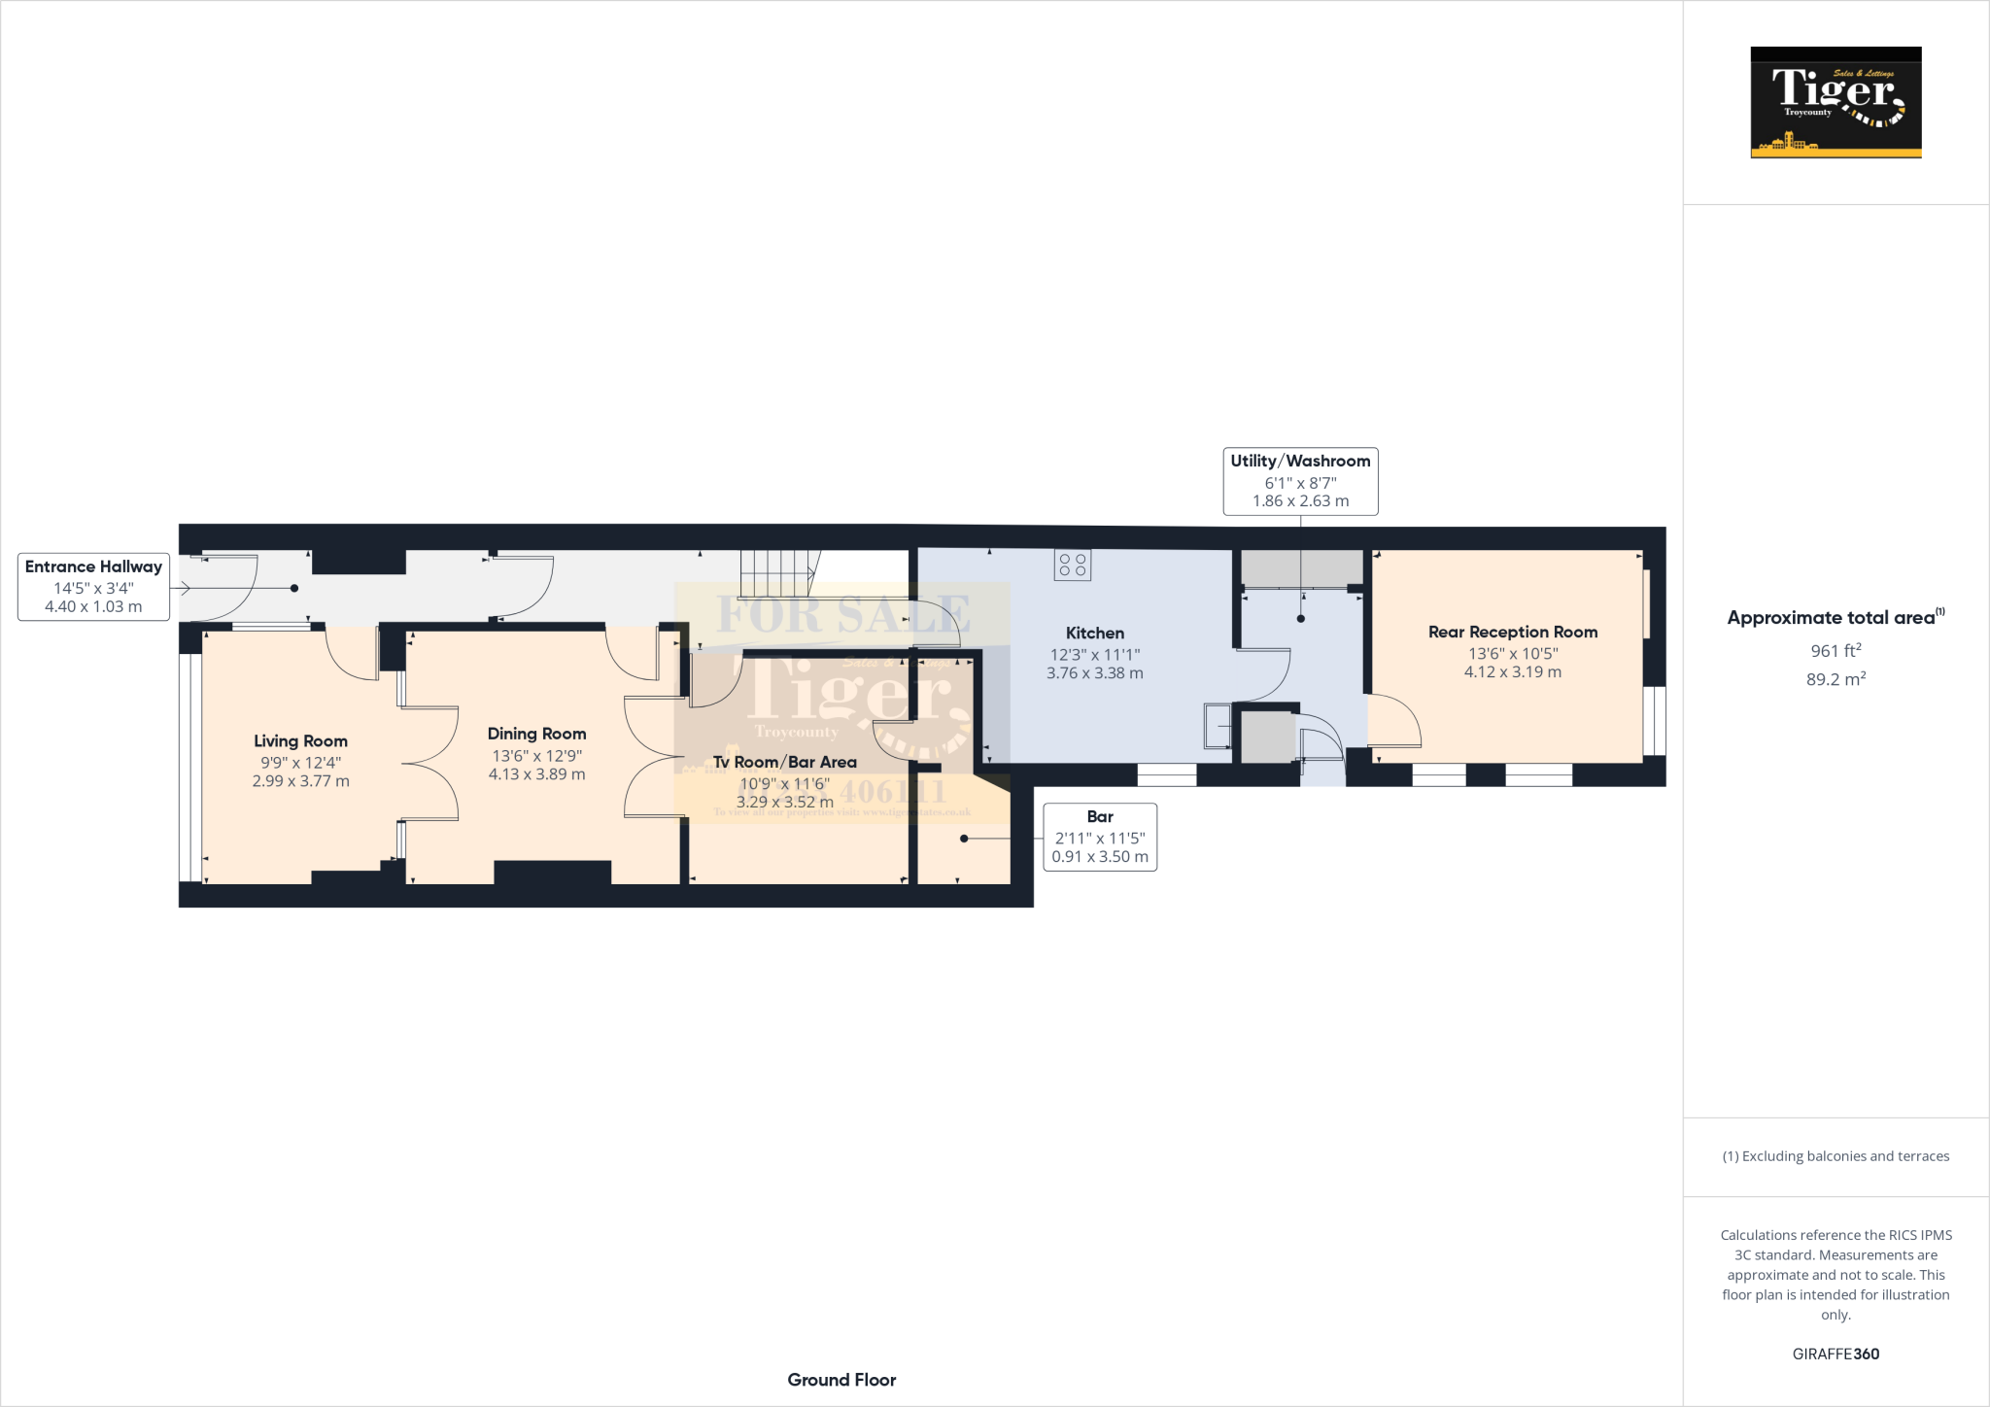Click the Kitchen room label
pos(1094,634)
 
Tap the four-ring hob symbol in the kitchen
pos(1073,566)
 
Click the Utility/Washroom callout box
pos(1300,481)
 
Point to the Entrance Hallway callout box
pos(93,587)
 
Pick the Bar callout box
pos(1100,837)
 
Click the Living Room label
pos(300,741)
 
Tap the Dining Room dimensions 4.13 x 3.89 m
pos(536,774)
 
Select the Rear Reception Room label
pos(1512,633)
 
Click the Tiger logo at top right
pos(1836,102)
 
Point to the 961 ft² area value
pos(1835,651)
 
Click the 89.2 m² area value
pos(1835,679)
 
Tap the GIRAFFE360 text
pos(1835,1354)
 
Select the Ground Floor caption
pos(841,1380)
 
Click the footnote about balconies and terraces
pos(1836,1156)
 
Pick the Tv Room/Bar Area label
pos(784,763)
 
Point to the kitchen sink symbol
pos(1217,726)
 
